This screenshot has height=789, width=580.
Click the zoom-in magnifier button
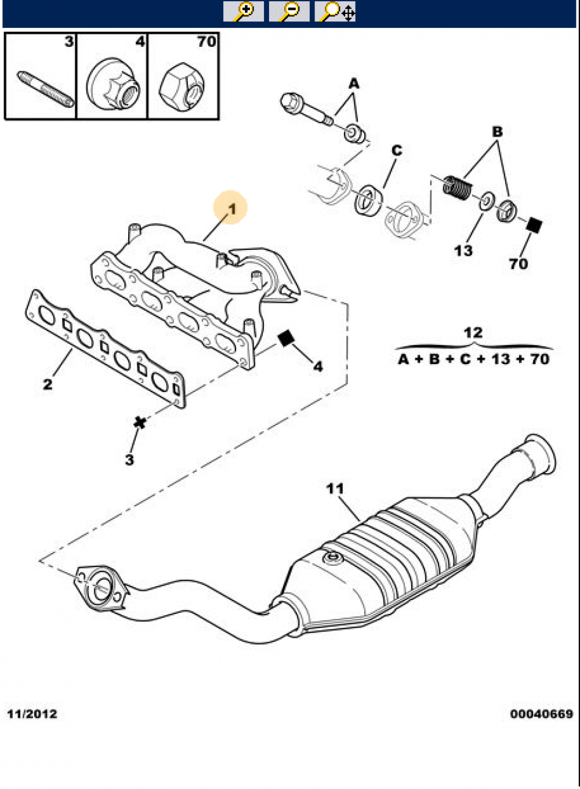(x=244, y=12)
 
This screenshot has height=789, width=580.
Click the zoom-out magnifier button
(x=289, y=12)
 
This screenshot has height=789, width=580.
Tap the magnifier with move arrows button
(x=335, y=12)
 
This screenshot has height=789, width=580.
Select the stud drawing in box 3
(x=45, y=89)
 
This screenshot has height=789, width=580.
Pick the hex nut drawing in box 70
(x=182, y=85)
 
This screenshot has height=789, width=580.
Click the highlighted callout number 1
(x=231, y=209)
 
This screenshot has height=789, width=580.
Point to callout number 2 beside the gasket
(x=48, y=384)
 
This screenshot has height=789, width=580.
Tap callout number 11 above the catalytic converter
(x=335, y=489)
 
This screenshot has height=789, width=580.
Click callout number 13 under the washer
(x=463, y=251)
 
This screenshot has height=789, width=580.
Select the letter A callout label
(x=354, y=83)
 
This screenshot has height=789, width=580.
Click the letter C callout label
(x=397, y=150)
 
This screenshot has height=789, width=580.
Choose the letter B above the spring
(x=497, y=132)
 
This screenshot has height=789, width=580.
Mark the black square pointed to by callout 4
(x=286, y=339)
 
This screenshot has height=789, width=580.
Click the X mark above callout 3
(x=140, y=422)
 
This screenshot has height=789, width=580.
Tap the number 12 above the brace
(x=473, y=333)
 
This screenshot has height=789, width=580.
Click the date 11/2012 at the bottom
(x=32, y=714)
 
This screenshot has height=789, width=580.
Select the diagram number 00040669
(x=542, y=714)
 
